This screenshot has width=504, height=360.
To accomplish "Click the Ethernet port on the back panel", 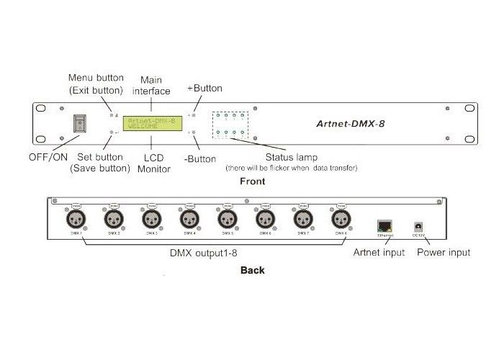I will [384, 225].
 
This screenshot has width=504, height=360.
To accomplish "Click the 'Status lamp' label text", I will [291, 156].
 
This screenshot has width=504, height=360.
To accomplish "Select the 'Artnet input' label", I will [379, 253].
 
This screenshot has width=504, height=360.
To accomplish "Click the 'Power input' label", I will [444, 253].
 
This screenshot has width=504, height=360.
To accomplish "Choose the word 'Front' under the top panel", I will [251, 181].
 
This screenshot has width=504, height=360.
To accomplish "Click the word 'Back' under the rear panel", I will [252, 271].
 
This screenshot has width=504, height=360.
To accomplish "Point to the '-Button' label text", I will [202, 157].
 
